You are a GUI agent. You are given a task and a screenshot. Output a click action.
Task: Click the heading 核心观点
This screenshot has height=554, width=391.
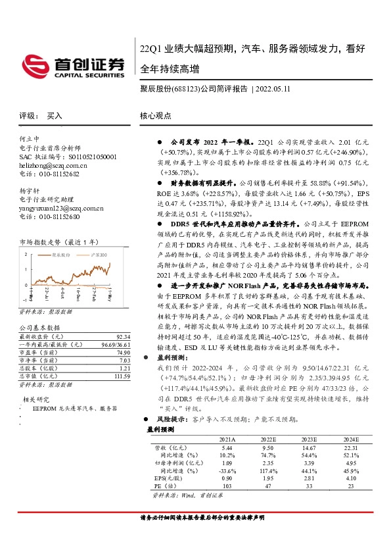155,115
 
